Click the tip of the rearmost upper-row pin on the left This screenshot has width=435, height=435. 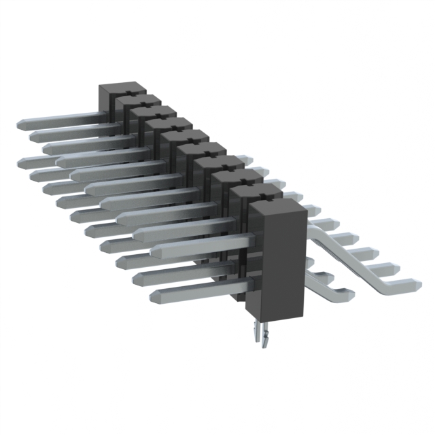(20, 124)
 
